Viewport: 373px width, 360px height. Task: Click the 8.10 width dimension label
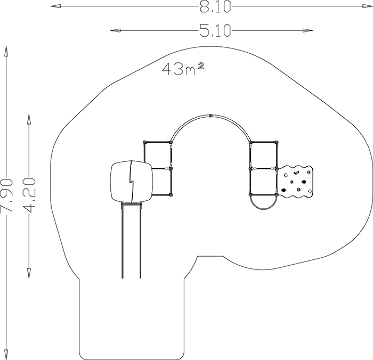point(215,6)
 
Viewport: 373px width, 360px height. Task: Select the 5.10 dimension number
point(215,31)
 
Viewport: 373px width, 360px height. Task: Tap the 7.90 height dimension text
point(6,195)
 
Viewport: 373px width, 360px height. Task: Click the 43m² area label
point(183,69)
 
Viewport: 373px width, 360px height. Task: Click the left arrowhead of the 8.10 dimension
point(55,6)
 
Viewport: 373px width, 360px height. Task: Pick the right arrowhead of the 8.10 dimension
point(368,6)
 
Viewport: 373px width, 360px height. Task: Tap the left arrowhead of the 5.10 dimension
point(116,30)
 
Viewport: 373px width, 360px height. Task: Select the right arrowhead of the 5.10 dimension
point(307,30)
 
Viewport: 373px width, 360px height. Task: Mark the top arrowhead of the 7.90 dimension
point(6,51)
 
